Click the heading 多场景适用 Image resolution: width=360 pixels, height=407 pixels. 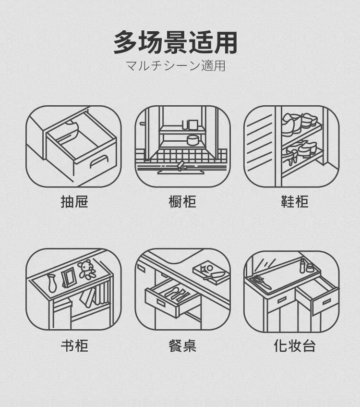pyautogui.click(x=175, y=42)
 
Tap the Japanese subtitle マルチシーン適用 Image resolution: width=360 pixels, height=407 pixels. pyautogui.click(x=175, y=65)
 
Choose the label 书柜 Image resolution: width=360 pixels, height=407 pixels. pyautogui.click(x=74, y=345)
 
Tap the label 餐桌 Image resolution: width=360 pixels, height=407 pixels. pyautogui.click(x=182, y=345)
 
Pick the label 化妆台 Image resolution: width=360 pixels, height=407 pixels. pyautogui.click(x=294, y=345)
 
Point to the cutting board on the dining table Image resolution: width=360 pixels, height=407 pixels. pyautogui.click(x=210, y=271)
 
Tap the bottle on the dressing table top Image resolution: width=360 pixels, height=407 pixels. pyautogui.click(x=303, y=265)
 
